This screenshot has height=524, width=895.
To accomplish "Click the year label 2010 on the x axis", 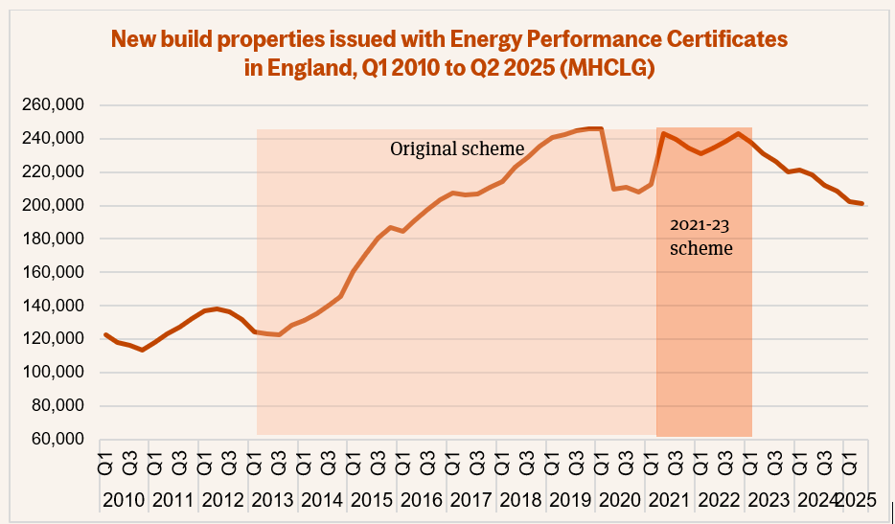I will [124, 500].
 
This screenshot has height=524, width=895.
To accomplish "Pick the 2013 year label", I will [273, 500].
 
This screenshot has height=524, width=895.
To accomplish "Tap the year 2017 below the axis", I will [470, 500].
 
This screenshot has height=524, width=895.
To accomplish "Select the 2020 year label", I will [619, 500].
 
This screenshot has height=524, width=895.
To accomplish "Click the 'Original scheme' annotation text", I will [457, 149].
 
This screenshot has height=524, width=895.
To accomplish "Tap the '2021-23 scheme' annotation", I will [700, 238].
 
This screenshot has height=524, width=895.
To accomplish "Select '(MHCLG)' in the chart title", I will [608, 69].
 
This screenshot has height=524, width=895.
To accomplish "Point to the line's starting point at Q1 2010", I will [104, 334].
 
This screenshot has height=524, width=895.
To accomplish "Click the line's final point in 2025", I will [862, 203].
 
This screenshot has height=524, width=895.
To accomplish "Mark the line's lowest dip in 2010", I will [142, 350].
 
